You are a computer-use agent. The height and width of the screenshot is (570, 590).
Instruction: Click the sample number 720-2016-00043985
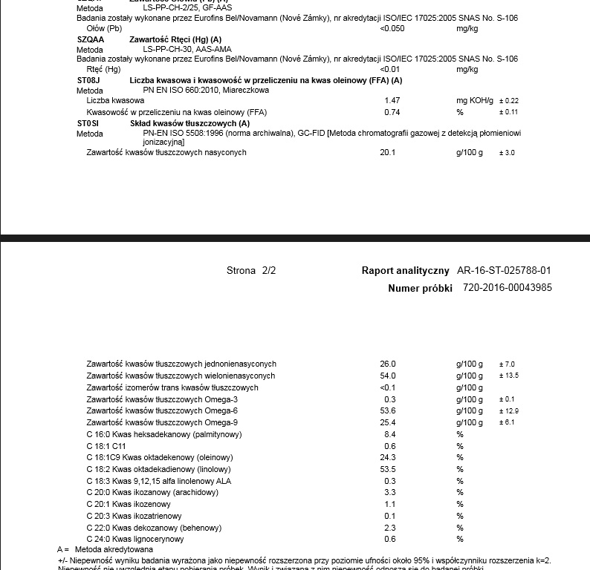507,288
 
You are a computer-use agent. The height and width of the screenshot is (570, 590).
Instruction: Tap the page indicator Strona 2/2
250,271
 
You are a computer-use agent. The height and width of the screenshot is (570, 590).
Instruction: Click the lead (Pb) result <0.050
392,28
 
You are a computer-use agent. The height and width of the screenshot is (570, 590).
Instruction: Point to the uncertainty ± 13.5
508,376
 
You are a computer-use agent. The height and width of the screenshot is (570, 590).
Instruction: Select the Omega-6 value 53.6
390,410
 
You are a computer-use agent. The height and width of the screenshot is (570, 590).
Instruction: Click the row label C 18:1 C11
109,446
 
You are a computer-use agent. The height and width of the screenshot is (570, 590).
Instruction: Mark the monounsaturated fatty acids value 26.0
389,364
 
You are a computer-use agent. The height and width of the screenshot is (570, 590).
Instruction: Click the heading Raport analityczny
406,271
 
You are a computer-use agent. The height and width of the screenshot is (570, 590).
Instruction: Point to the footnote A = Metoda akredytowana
105,549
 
